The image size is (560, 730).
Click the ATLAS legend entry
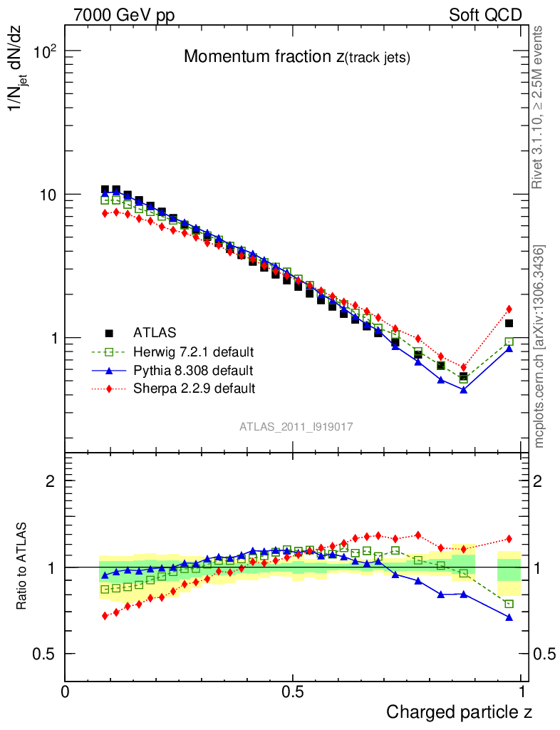coord(155,332)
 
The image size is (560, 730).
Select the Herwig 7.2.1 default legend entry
coord(193,351)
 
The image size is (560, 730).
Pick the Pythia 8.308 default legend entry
coord(192,370)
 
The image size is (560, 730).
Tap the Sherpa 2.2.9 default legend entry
coord(194,389)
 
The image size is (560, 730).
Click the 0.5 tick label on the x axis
coord(293,692)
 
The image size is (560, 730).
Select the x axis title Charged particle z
coord(459,712)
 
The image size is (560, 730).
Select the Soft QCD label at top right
coord(485,15)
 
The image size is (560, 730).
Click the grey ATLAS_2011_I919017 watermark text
coord(296,426)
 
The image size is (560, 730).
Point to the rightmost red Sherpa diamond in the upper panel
coord(509,309)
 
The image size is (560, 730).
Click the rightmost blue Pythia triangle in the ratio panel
coord(509,617)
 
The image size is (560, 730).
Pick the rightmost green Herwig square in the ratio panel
coord(509,604)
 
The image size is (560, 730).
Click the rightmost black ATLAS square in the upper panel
coord(509,323)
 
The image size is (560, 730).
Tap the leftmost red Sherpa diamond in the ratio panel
coord(105,615)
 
